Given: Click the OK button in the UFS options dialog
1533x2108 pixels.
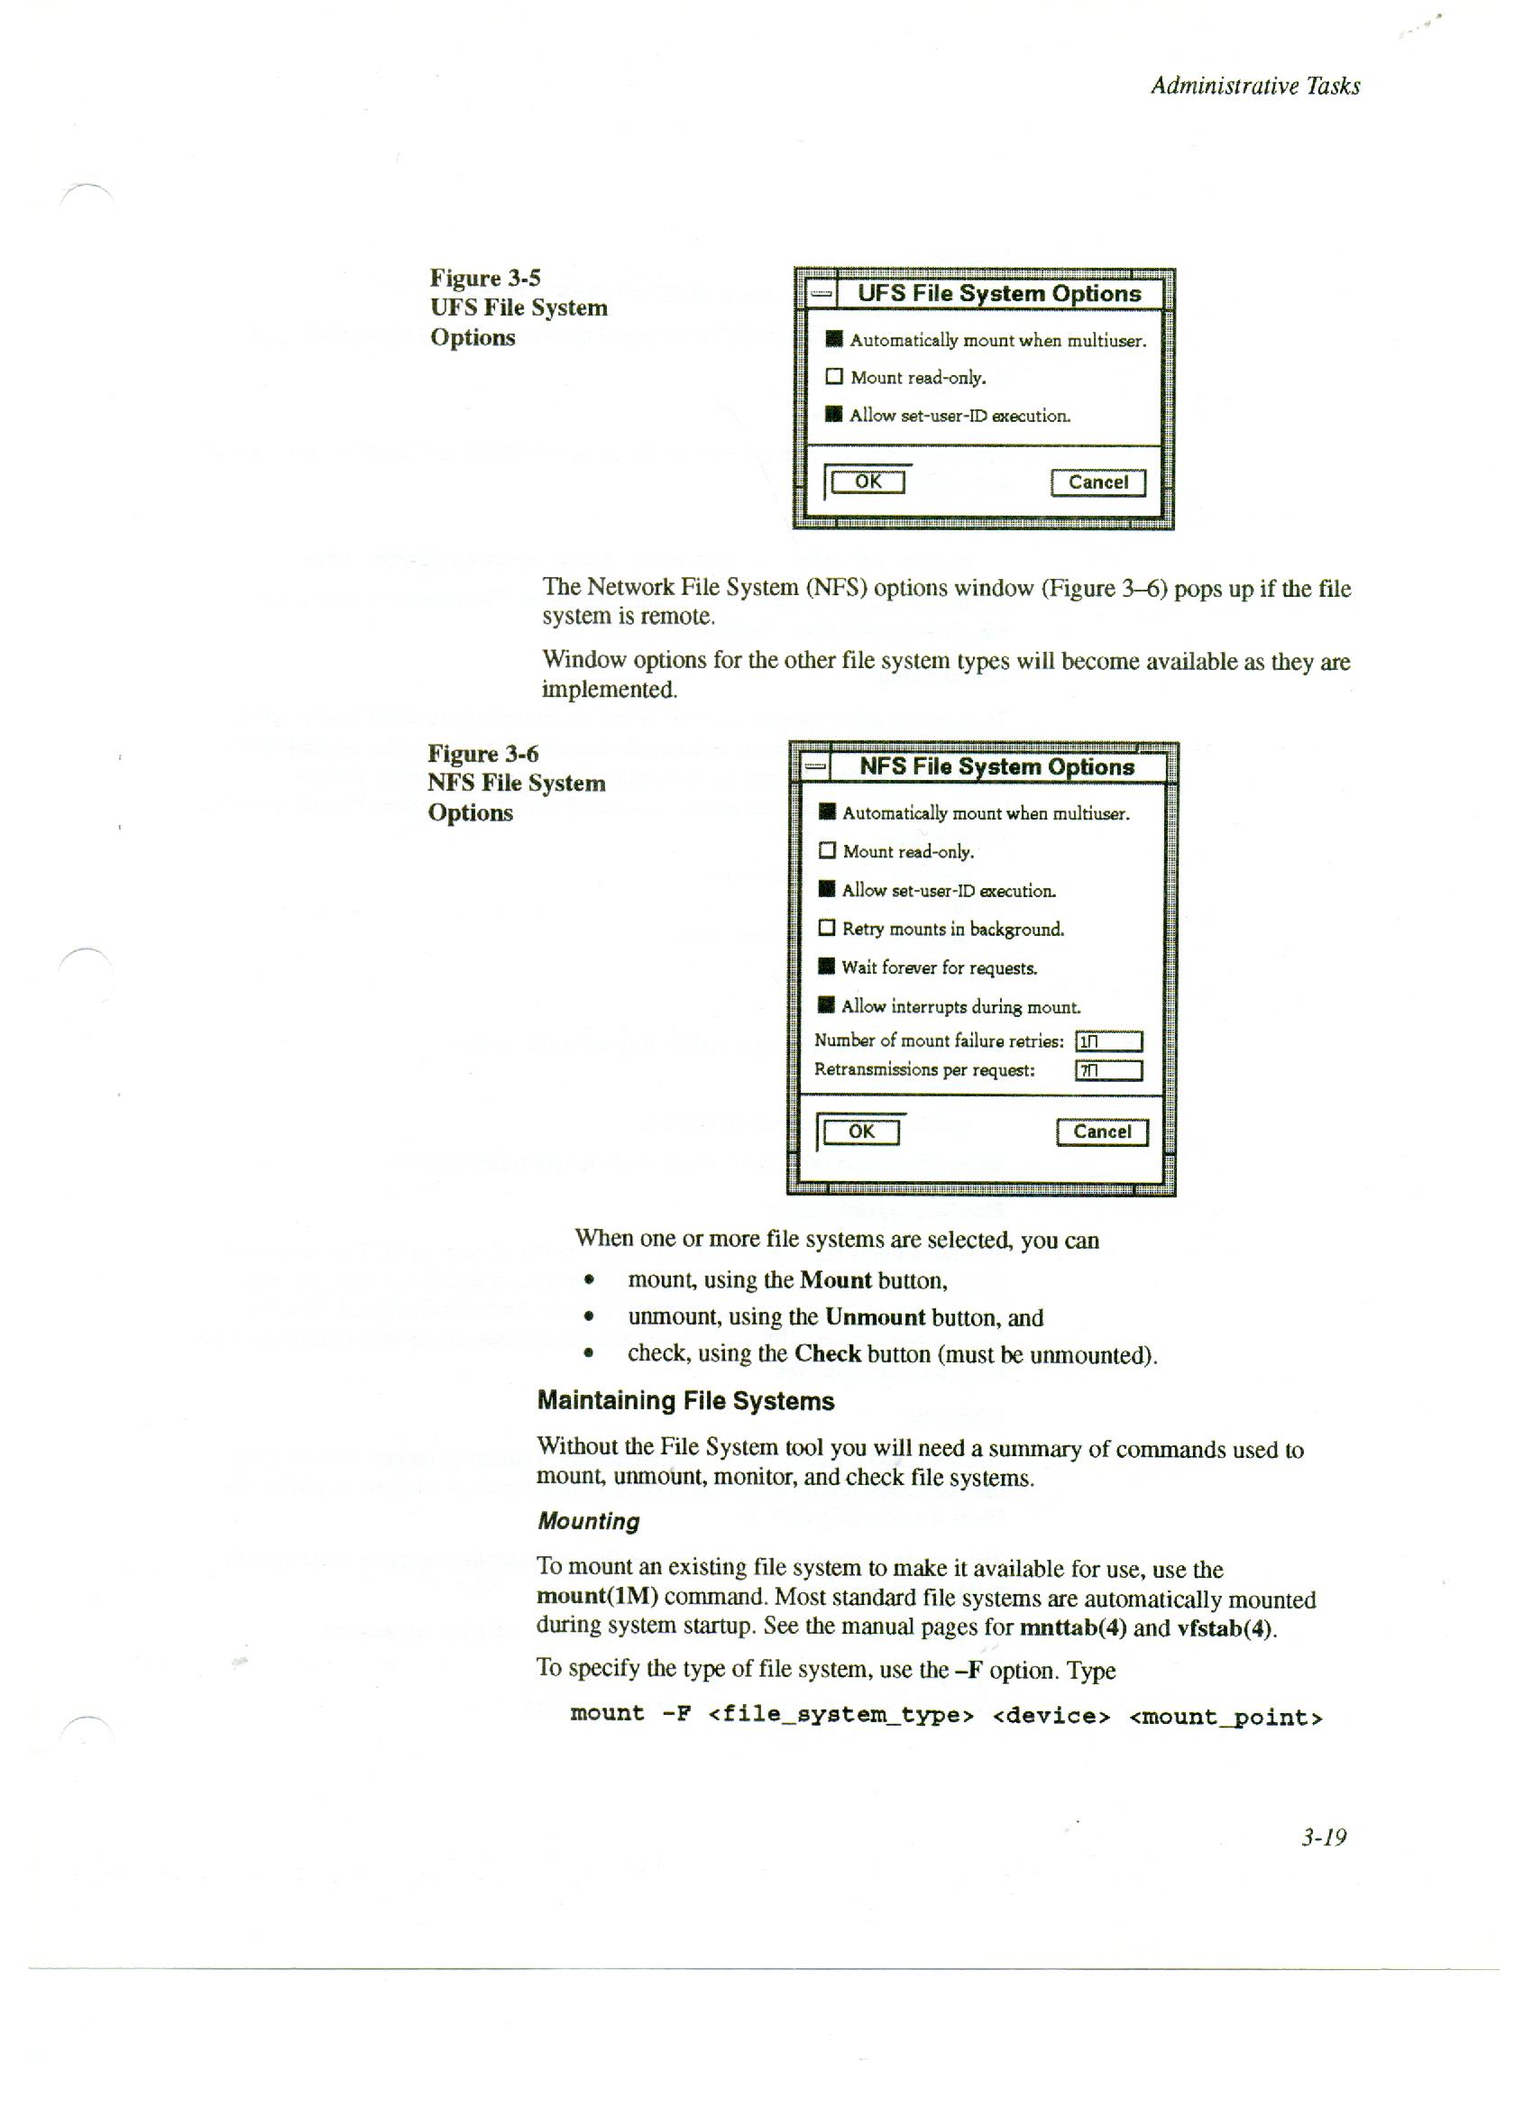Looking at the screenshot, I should point(867,481).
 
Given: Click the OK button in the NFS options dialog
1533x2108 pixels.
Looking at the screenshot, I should point(861,1132).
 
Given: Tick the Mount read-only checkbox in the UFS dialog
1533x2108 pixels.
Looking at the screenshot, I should point(834,377).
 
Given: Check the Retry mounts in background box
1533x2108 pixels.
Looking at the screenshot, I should point(826,928).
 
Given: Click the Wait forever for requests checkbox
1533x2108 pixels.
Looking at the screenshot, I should point(826,967).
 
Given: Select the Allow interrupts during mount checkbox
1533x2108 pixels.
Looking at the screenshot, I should point(826,1004).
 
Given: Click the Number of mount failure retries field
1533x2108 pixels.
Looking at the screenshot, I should point(1108,1041).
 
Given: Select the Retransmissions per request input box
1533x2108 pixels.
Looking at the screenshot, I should point(1108,1071).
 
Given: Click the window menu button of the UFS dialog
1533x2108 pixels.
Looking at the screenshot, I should point(820,294).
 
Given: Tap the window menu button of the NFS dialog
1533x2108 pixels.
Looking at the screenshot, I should point(815,766).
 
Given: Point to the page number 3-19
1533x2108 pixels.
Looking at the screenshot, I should point(1324,1837).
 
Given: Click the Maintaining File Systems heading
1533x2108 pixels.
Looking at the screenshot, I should point(685,1401).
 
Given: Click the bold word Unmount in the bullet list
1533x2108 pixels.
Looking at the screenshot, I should point(874,1317).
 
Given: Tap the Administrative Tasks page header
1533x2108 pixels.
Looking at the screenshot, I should point(1254,87).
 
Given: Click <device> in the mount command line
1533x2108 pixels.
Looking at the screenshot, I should point(1051,1716).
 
